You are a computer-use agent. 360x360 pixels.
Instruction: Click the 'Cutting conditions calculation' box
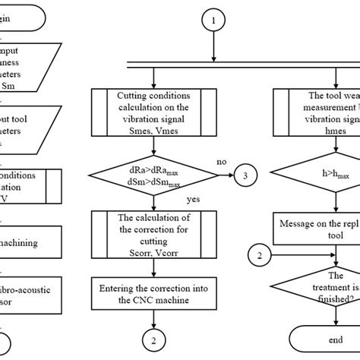tap(154, 112)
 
